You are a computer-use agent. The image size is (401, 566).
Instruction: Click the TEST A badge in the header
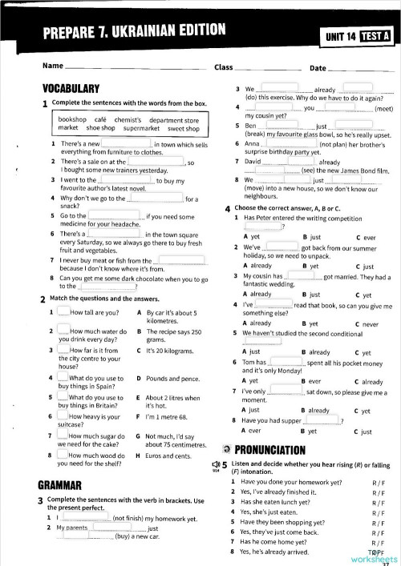[375, 34]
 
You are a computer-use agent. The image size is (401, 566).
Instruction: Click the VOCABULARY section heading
[70, 89]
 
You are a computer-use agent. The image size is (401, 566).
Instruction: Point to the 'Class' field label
[224, 67]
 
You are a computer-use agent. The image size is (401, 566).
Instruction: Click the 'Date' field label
[318, 68]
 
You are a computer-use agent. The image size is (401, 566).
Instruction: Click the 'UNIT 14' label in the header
[337, 35]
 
